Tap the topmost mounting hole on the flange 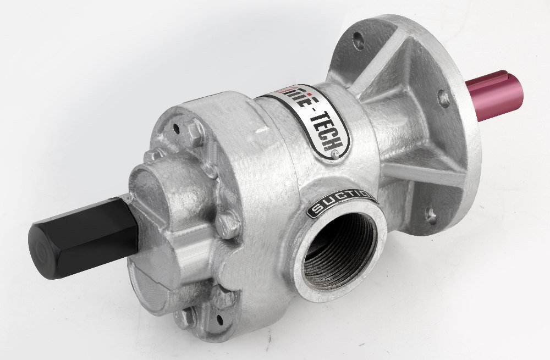click(358, 38)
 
